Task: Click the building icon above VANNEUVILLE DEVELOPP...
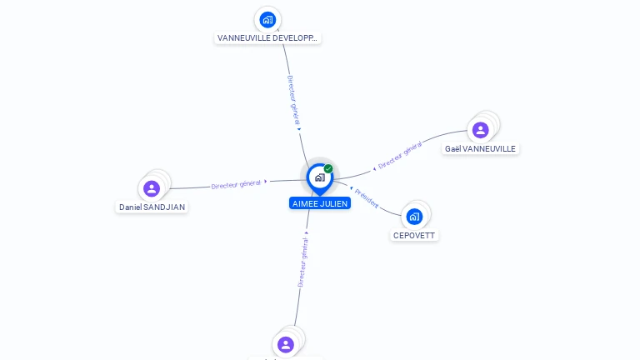click(267, 19)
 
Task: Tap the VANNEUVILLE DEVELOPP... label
click(267, 38)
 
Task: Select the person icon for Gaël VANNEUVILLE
click(480, 129)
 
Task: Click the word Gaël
click(452, 149)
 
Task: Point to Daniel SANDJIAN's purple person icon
click(151, 188)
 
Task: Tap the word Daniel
click(131, 207)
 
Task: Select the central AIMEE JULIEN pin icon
click(319, 177)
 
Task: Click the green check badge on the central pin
click(328, 169)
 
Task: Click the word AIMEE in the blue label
click(306, 203)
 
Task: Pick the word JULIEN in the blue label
click(334, 203)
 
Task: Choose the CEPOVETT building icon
click(414, 217)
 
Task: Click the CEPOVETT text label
click(414, 236)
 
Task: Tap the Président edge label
click(367, 197)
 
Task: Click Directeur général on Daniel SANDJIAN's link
click(236, 184)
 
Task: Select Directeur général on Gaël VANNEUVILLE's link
click(400, 156)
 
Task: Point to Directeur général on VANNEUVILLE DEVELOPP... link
click(292, 101)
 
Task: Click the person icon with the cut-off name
click(286, 344)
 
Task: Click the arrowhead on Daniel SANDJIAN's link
click(267, 182)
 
